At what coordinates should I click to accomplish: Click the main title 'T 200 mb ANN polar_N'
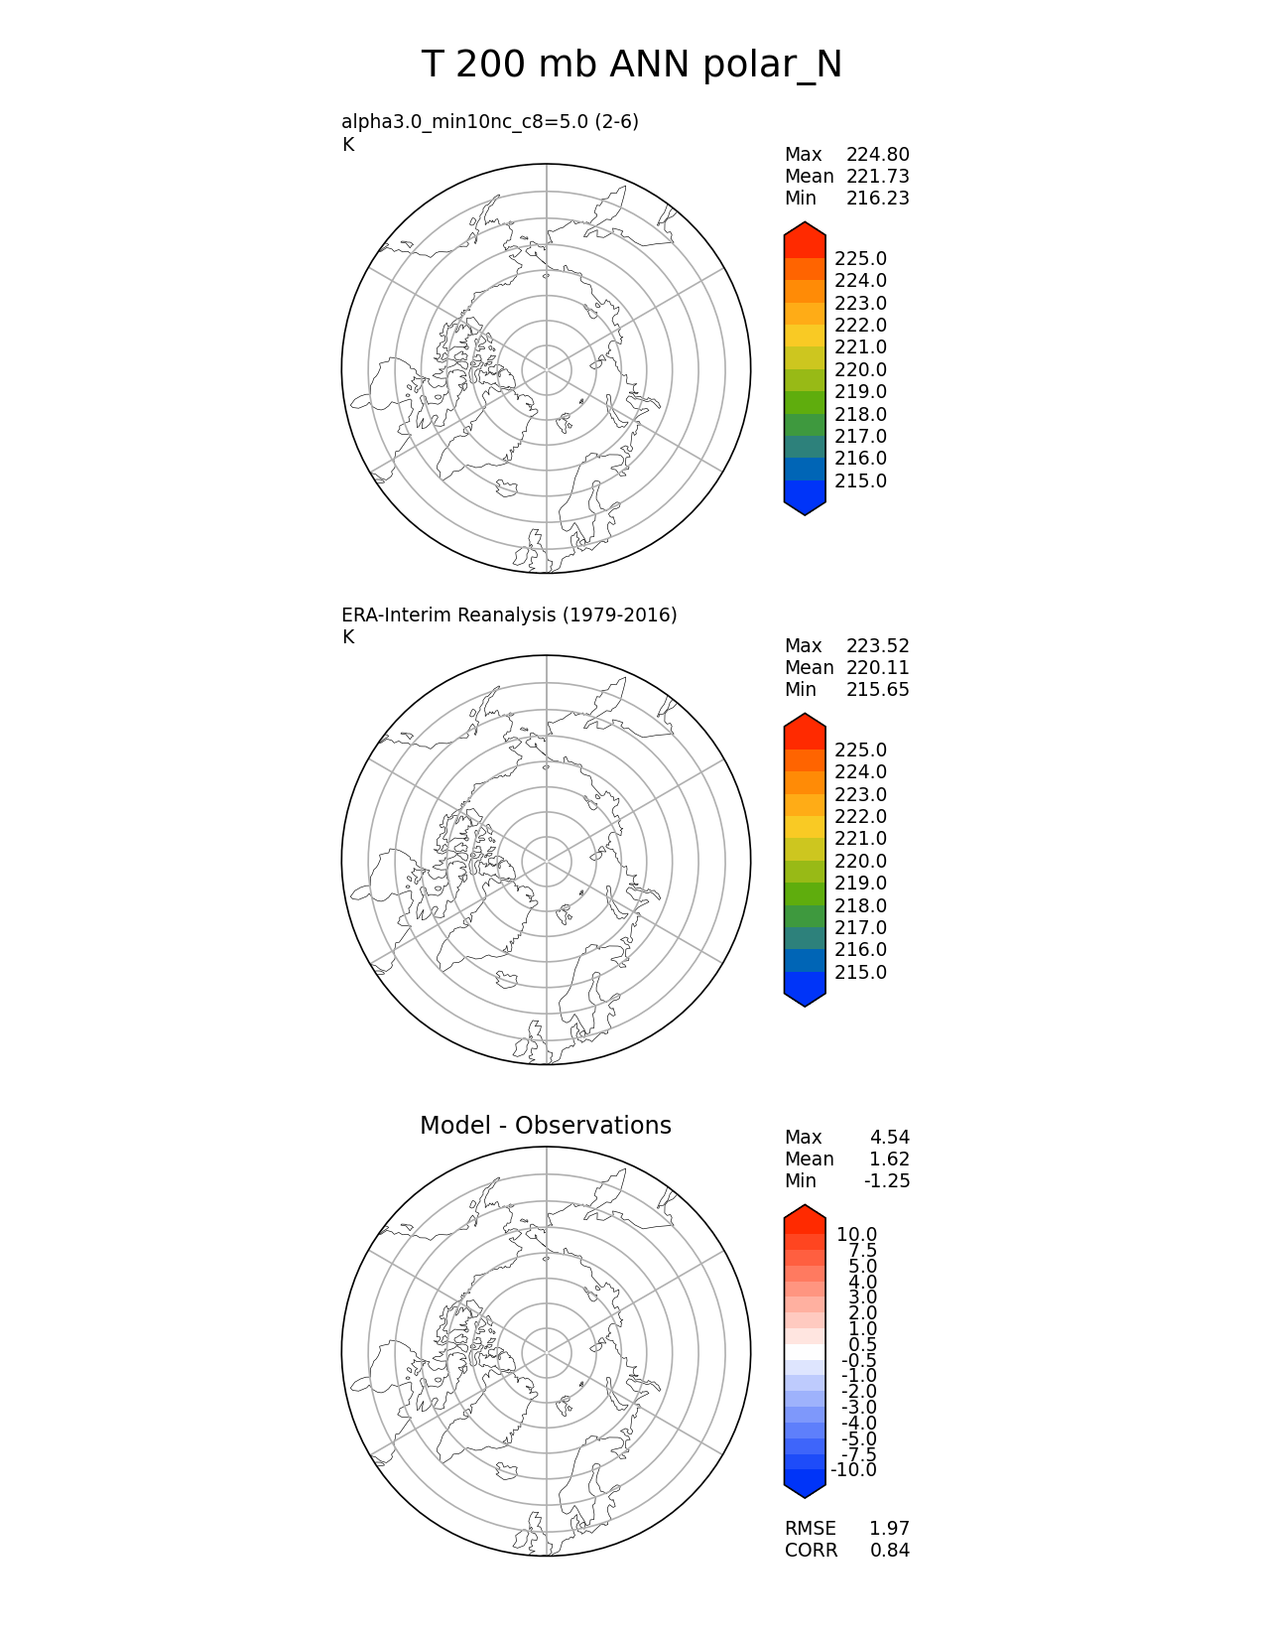[x=632, y=66]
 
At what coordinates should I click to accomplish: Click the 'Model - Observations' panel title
[x=545, y=1126]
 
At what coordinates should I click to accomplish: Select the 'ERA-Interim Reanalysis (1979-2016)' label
[x=509, y=615]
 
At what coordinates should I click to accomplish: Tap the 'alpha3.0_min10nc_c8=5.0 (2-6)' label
[x=490, y=122]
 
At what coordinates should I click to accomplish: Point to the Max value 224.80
[x=877, y=155]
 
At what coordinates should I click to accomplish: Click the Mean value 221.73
[x=877, y=177]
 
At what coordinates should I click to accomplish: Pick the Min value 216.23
[x=877, y=199]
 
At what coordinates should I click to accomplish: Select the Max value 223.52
[x=877, y=646]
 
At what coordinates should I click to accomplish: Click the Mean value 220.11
[x=877, y=668]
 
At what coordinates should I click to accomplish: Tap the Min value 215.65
[x=877, y=690]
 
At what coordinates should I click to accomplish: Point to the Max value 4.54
[x=889, y=1138]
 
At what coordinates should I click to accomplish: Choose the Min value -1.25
[x=886, y=1181]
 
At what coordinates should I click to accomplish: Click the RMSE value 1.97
[x=889, y=1529]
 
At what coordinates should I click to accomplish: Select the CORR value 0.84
[x=889, y=1551]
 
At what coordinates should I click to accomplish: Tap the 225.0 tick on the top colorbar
[x=860, y=259]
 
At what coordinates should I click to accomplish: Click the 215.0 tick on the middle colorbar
[x=860, y=973]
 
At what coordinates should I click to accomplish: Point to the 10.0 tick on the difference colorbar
[x=856, y=1235]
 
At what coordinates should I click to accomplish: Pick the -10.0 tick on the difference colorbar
[x=853, y=1470]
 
